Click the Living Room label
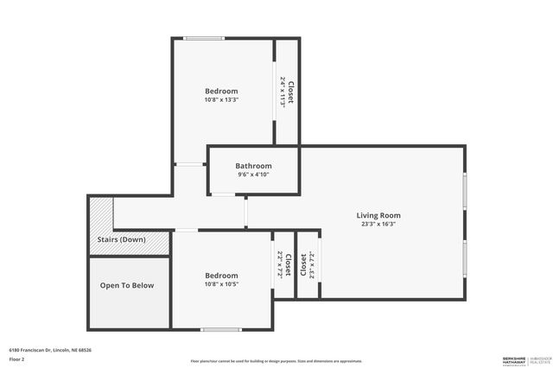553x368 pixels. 378,215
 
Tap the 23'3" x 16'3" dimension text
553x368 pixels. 378,224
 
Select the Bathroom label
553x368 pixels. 253,166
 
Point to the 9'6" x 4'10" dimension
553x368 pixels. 253,174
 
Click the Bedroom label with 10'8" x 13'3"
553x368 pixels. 221,91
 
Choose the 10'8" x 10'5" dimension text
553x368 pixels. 221,284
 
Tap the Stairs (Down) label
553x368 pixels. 120,239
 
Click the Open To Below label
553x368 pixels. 127,285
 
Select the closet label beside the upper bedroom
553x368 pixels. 291,92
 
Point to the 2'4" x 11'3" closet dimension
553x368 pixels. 283,92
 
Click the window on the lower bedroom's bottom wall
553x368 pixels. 221,328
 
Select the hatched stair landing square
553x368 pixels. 101,213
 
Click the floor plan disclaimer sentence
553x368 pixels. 276,360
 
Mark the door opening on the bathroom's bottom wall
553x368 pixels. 222,195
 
